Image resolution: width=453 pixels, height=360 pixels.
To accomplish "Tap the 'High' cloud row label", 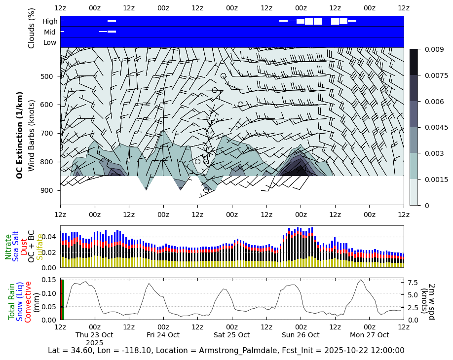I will pos(50,21).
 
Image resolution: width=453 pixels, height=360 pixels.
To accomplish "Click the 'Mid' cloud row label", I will pos(50,32).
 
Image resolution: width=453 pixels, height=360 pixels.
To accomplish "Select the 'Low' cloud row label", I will pos(50,43).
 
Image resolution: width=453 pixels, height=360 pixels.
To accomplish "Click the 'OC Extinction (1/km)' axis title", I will pos(20,135).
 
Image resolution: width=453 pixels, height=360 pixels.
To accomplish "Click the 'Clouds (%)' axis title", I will pos(32,28).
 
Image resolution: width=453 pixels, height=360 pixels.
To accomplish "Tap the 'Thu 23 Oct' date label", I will pos(94,335).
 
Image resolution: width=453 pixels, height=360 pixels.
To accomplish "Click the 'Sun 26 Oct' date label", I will pos(301,335).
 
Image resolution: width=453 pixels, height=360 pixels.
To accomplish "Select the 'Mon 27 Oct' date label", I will pos(370,335).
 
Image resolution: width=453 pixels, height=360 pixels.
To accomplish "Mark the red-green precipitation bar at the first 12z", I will pos(62,299).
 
